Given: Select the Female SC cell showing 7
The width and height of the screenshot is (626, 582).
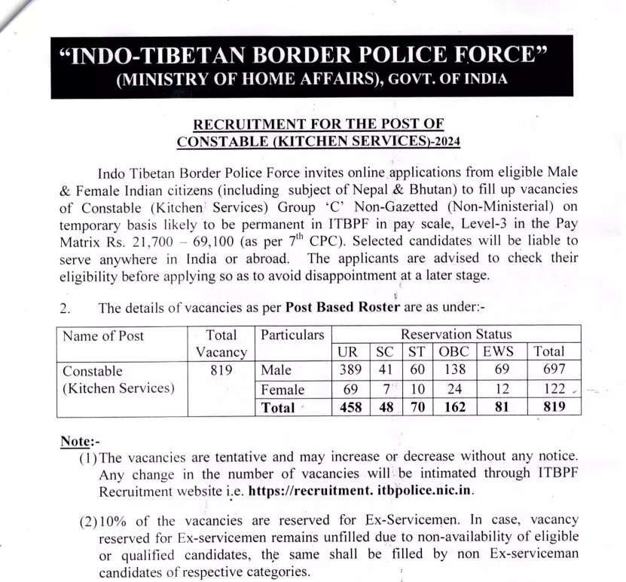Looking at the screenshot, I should click(383, 390).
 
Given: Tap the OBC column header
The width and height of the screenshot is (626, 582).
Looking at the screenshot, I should click(453, 351).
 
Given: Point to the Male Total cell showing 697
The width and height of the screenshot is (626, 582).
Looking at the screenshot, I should click(548, 370).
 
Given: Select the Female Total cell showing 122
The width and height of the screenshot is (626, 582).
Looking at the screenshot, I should click(548, 390).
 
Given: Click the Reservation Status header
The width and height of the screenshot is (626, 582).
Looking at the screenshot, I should click(456, 334).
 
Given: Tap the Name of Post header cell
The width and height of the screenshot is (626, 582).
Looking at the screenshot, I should click(102, 335).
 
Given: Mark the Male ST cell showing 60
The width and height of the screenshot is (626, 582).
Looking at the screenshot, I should click(416, 370).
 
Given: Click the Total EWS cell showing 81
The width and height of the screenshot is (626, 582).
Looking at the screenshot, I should click(501, 408).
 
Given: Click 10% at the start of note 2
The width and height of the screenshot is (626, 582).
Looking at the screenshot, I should click(115, 521).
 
